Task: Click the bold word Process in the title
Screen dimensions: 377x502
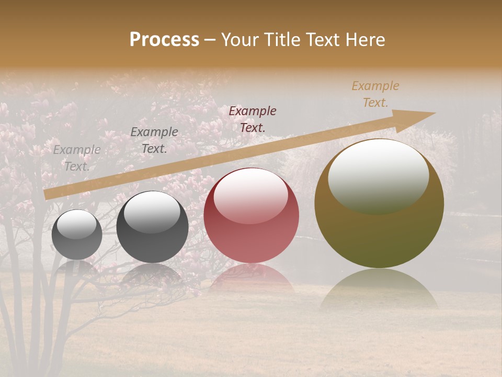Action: click(164, 40)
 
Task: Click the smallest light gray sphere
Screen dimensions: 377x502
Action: click(77, 235)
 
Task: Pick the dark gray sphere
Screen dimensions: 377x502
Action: click(152, 227)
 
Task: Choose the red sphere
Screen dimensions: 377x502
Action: click(251, 216)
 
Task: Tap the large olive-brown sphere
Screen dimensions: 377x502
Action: click(379, 203)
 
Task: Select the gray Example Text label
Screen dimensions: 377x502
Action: click(77, 158)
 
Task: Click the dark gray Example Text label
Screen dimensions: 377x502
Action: click(154, 140)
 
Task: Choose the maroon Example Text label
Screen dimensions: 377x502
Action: click(253, 119)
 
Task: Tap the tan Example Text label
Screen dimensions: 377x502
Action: click(375, 94)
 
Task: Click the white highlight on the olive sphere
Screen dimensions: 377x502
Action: click(379, 175)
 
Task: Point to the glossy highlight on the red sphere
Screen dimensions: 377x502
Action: click(251, 195)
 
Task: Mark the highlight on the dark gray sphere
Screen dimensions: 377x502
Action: click(152, 211)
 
